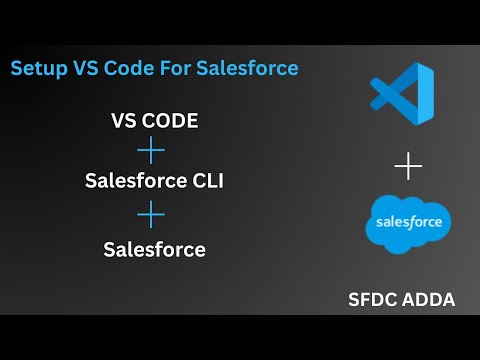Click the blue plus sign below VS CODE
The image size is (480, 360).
(x=151, y=152)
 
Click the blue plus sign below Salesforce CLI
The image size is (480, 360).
(x=151, y=215)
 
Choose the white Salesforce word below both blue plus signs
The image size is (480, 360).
(x=154, y=249)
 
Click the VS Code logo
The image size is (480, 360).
(x=402, y=96)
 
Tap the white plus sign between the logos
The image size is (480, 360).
(x=408, y=166)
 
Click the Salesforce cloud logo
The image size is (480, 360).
(x=409, y=223)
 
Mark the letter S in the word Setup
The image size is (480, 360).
(x=17, y=69)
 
